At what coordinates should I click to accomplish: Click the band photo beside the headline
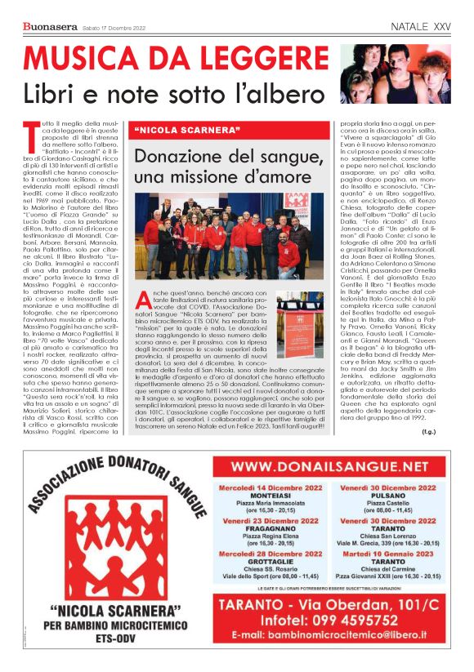click(x=396, y=73)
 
